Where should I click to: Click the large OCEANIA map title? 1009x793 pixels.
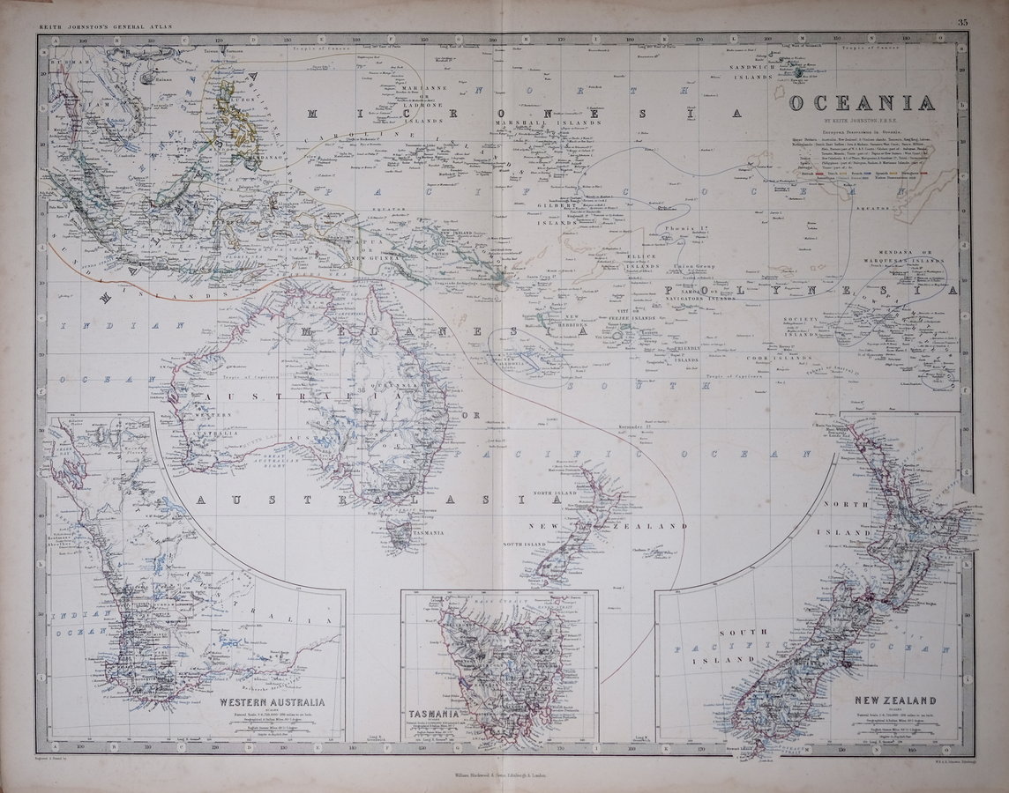[x=862, y=103]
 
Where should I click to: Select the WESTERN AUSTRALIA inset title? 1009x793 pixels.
[x=272, y=702]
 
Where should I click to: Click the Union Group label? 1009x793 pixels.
[x=691, y=263]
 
